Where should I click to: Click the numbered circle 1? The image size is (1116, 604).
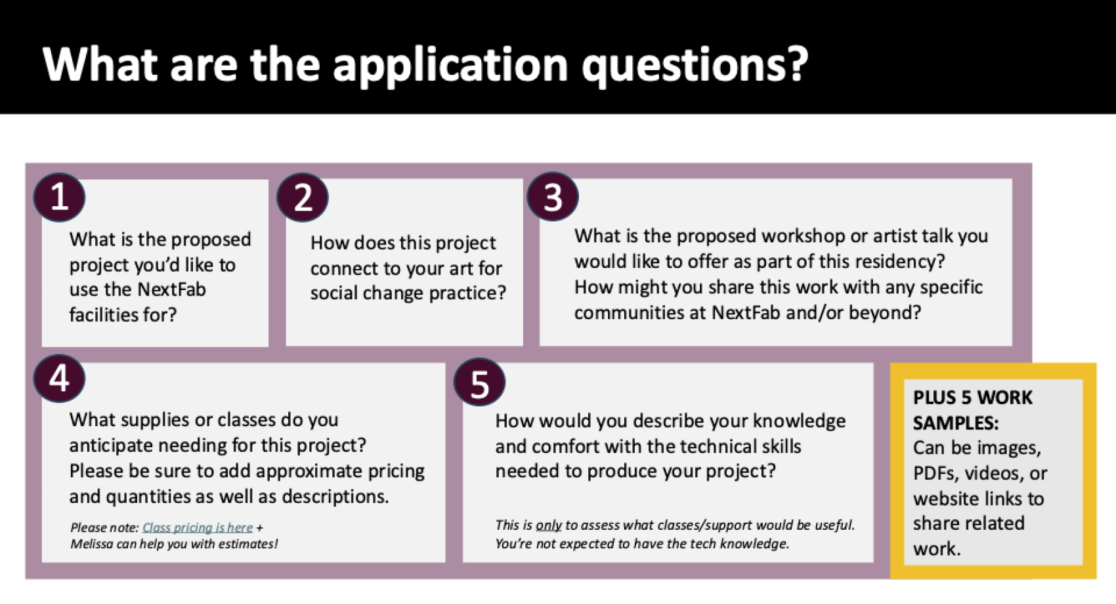pyautogui.click(x=59, y=198)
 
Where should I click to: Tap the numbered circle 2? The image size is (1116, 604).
pyautogui.click(x=303, y=198)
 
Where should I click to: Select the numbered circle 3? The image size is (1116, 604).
pyautogui.click(x=553, y=197)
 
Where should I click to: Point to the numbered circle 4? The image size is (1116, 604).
pyautogui.click(x=59, y=378)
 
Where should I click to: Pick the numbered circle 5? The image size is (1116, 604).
pyautogui.click(x=479, y=382)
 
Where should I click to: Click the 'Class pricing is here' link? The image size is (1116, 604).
pyautogui.click(x=198, y=527)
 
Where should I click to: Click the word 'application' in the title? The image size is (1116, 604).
pyautogui.click(x=450, y=65)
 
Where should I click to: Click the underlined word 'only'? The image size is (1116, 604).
pyautogui.click(x=549, y=526)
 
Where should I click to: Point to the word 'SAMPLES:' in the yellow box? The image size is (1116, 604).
pyautogui.click(x=956, y=423)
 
